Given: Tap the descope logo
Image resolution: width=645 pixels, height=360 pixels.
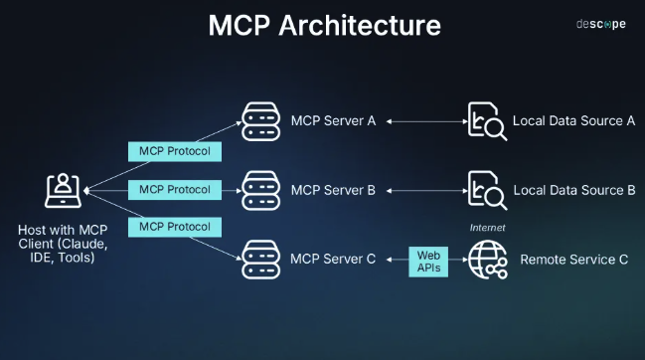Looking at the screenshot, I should pos(601,24).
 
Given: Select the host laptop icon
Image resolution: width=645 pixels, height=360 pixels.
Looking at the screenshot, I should pos(63,189).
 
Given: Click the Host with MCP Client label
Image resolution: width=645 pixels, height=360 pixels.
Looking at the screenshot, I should pos(63,244).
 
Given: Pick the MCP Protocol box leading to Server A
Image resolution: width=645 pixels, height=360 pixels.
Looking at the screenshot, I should pos(174,152).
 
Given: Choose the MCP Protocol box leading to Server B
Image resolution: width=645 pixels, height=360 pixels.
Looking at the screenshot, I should pos(174,189).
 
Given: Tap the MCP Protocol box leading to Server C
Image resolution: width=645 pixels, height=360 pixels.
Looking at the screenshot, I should pos(174,226).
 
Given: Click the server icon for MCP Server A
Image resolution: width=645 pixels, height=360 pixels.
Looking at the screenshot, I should pos(260,121).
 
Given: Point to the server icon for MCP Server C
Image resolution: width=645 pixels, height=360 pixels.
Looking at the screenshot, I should pos(260,260).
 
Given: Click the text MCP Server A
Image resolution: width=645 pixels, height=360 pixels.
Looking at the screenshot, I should pos(333,121).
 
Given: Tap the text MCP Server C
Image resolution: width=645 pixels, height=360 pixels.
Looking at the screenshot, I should pos(333,260).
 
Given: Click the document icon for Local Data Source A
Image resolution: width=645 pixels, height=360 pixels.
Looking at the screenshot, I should pos(486,122).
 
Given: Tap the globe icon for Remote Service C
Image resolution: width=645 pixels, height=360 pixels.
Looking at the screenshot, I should pos(486,260).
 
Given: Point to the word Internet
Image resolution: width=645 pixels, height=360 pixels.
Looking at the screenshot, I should pos(488,228).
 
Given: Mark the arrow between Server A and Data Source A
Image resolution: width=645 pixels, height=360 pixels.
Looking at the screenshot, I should pos(423,121).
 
